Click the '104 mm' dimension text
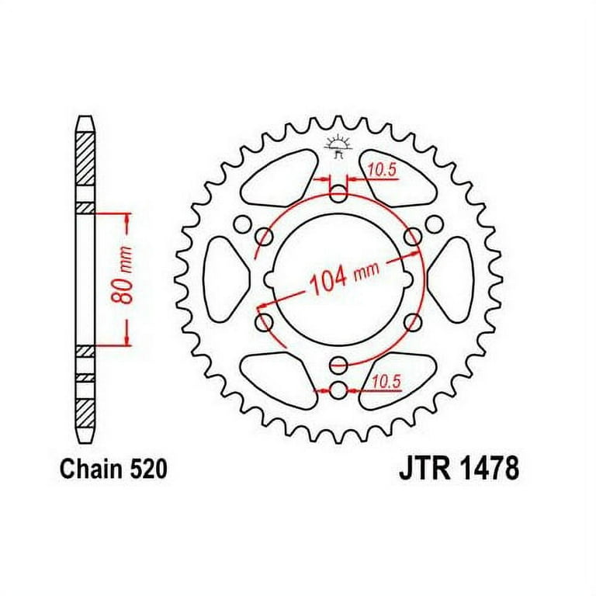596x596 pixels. click(x=345, y=277)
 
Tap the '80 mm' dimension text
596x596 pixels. click(x=123, y=275)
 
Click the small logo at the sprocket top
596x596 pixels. click(x=336, y=147)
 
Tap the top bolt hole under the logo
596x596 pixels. click(x=338, y=195)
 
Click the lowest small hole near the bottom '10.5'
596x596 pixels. click(x=338, y=390)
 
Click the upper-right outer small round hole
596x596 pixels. click(x=433, y=224)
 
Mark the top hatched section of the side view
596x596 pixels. click(x=85, y=158)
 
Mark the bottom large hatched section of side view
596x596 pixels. click(x=85, y=414)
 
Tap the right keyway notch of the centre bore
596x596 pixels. click(x=407, y=279)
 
